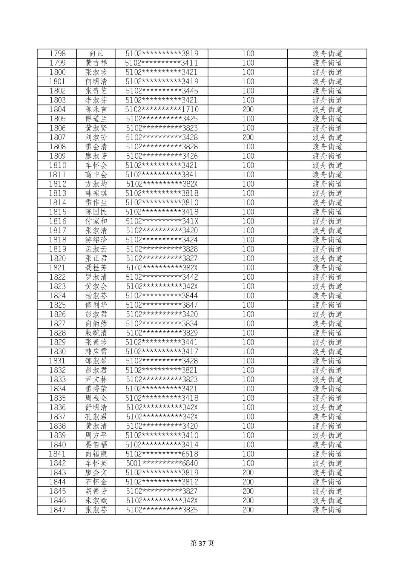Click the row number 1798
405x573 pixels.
coord(57,54)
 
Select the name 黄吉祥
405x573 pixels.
coord(96,63)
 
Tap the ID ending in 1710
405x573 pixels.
coord(162,109)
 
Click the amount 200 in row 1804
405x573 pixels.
coord(248,109)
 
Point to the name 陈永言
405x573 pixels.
coord(96,109)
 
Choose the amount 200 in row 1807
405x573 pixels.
coord(248,137)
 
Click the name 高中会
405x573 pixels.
coord(96,175)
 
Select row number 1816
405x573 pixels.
coord(57,221)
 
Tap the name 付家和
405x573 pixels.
coord(96,221)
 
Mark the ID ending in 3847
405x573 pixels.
coord(162,305)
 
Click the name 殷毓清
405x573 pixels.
coord(96,333)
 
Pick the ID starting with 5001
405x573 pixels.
coord(162,463)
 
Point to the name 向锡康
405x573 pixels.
coord(96,454)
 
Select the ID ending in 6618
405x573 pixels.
coord(162,454)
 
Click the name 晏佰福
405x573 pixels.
coord(96,444)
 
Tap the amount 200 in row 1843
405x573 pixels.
coord(248,472)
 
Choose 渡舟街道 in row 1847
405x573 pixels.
coord(327,510)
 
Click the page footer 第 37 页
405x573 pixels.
coord(202,543)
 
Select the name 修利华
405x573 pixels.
coord(96,305)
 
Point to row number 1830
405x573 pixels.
coord(57,351)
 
